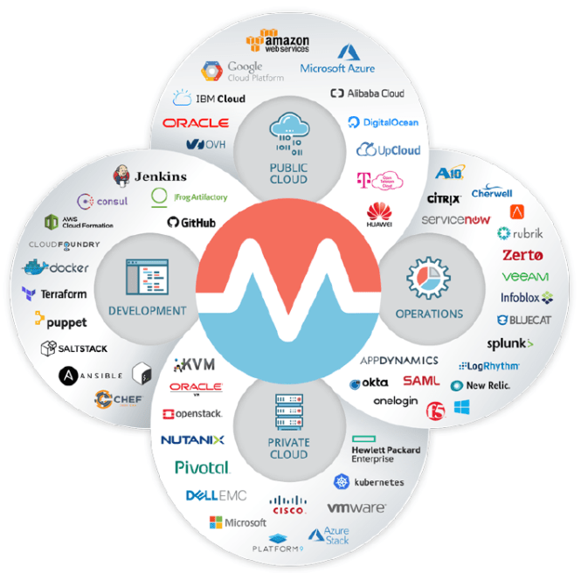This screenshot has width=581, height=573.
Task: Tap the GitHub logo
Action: [x=191, y=222]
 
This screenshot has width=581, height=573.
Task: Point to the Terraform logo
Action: [x=52, y=294]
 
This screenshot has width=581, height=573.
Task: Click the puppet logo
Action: [x=60, y=321]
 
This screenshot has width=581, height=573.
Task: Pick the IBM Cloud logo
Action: [x=209, y=99]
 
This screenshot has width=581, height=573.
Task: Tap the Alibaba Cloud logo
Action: [x=367, y=93]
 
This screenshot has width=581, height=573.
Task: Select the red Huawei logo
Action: [x=378, y=212]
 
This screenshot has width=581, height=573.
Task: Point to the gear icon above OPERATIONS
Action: [x=427, y=279]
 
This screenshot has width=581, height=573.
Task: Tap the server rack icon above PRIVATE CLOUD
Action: [x=288, y=410]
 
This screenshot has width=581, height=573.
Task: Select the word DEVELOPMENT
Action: [x=147, y=311]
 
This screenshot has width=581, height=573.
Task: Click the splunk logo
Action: [x=509, y=343]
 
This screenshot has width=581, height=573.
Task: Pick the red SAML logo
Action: [x=420, y=381]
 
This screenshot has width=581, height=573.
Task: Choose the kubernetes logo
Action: [x=369, y=481]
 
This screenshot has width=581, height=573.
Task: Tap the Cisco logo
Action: [x=288, y=504]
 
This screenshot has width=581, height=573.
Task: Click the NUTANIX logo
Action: [x=192, y=439]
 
